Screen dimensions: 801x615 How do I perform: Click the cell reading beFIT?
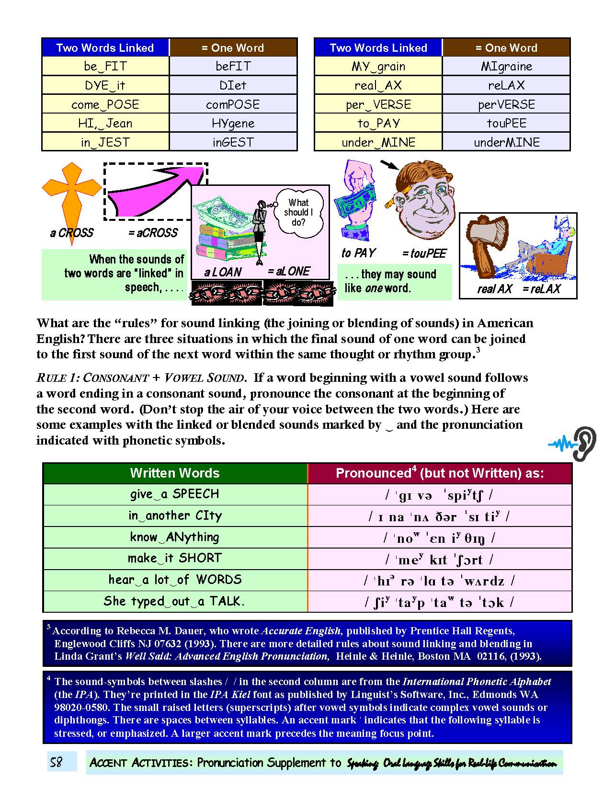233,66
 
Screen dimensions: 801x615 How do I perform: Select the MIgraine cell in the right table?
506,66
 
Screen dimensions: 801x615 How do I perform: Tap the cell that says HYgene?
233,123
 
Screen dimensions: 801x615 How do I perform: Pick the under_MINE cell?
378,142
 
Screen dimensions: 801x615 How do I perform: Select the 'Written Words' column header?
175,473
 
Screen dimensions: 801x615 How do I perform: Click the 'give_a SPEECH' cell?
175,494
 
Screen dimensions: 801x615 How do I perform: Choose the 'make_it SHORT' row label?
175,558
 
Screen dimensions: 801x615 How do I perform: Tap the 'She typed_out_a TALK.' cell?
175,601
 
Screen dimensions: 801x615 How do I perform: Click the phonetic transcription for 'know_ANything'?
439,538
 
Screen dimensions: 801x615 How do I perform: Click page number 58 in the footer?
57,762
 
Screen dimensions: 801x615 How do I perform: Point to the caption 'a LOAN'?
223,272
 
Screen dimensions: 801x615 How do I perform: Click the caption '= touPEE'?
424,253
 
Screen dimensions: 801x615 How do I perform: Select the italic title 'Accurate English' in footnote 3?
301,631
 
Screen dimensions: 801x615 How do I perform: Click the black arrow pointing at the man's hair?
389,165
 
